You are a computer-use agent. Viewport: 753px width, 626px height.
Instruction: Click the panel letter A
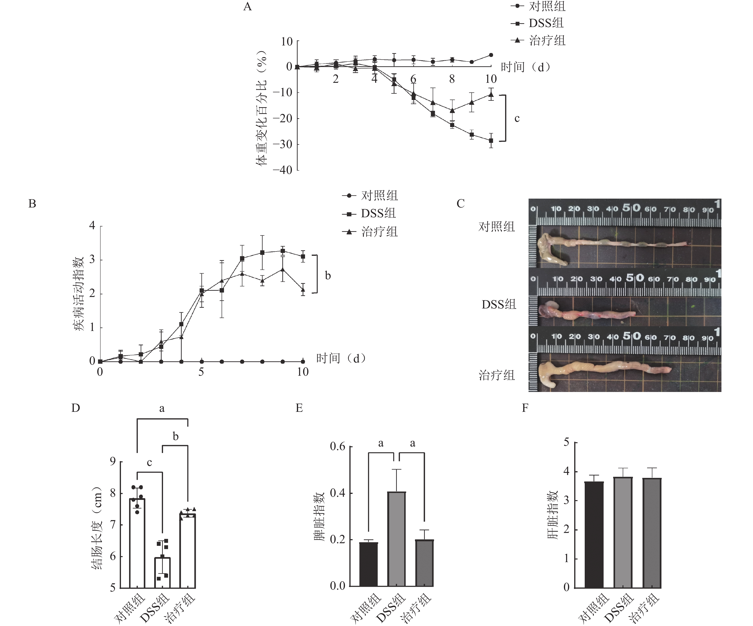(x=247, y=7)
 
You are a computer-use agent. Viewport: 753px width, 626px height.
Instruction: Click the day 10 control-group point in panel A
(x=491, y=55)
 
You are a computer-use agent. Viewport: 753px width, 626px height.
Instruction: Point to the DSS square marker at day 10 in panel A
(x=491, y=141)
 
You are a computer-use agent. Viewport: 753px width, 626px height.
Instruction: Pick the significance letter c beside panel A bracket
(x=517, y=118)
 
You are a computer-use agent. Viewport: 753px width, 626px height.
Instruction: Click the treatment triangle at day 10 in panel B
(x=303, y=290)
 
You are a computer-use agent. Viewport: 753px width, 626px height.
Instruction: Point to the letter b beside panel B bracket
(x=328, y=276)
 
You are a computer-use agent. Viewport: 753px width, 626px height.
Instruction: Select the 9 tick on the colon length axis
(x=113, y=461)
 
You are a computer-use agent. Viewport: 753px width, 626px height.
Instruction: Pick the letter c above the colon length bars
(x=150, y=463)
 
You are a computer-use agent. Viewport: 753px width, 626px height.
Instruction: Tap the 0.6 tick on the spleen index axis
(x=338, y=447)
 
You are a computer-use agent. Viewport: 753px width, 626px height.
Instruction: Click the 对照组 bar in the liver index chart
(x=594, y=535)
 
